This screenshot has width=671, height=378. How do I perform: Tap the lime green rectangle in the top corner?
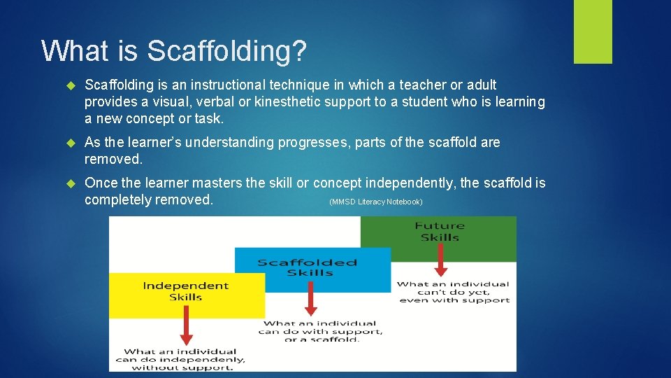coord(593,31)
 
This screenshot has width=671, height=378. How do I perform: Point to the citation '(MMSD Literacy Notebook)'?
coord(375,202)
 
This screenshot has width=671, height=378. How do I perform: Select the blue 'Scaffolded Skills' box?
coord(312,269)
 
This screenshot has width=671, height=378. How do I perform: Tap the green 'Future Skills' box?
coord(439,237)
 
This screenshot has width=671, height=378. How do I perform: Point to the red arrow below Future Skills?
coord(440,263)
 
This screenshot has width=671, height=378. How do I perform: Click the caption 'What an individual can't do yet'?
coord(454,292)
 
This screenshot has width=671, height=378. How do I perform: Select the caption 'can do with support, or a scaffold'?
coord(320,332)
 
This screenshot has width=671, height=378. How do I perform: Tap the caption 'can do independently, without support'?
coord(180,359)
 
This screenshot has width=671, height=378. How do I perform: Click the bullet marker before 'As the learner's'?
coord(70,143)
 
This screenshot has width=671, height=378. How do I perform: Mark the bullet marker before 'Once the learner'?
coord(70,183)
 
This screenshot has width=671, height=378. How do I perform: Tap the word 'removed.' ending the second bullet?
coord(113,159)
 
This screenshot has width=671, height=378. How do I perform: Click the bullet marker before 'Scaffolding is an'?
coord(70,85)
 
